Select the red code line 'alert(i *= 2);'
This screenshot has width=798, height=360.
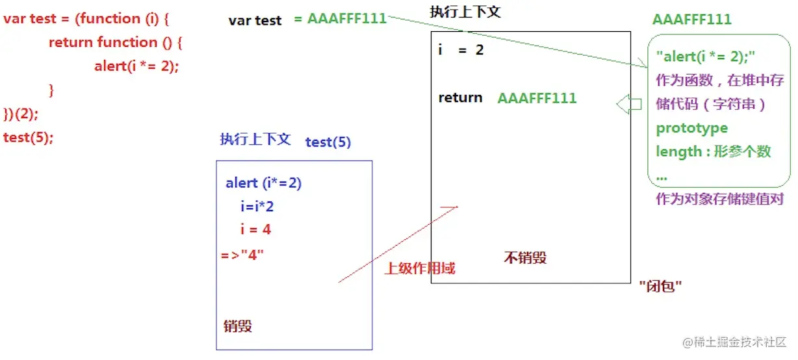(x=136, y=66)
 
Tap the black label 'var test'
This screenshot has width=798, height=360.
(x=255, y=20)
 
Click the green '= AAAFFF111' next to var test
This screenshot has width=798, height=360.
(x=340, y=19)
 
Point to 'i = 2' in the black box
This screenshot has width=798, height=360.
(x=461, y=50)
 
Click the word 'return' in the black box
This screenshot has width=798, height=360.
(x=460, y=98)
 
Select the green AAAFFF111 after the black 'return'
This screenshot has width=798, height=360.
(x=537, y=98)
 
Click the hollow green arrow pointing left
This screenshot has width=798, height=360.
(x=628, y=104)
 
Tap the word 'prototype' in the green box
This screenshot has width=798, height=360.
(x=691, y=128)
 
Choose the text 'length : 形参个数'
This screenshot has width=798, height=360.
(x=713, y=151)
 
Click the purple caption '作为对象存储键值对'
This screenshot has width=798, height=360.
(x=719, y=199)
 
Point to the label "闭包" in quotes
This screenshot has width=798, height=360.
(x=660, y=286)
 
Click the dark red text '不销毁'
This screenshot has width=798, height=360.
(x=525, y=257)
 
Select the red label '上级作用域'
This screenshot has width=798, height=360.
(x=420, y=268)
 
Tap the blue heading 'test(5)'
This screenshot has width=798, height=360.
(x=328, y=142)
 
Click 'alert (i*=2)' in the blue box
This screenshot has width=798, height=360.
(x=264, y=183)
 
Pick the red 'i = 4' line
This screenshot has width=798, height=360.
(x=255, y=229)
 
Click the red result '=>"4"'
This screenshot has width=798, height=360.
(x=242, y=253)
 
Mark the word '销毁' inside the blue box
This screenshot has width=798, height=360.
(x=237, y=326)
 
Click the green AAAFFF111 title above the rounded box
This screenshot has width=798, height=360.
(x=691, y=19)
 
